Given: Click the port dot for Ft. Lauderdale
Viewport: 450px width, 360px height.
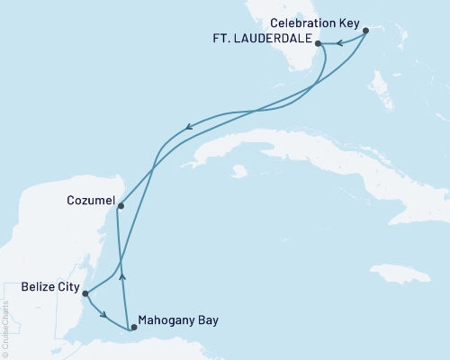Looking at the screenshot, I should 318,41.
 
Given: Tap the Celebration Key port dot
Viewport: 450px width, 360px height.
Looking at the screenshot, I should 365,31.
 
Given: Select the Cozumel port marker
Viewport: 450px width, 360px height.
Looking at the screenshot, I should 121,206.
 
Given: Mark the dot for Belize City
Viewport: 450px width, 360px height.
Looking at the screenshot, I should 85,292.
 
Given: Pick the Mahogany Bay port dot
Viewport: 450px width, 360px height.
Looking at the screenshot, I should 133,328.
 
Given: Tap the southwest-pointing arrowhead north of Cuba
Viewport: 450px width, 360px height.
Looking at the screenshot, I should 186,128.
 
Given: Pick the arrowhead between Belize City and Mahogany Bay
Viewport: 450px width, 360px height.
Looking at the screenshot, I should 106,315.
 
